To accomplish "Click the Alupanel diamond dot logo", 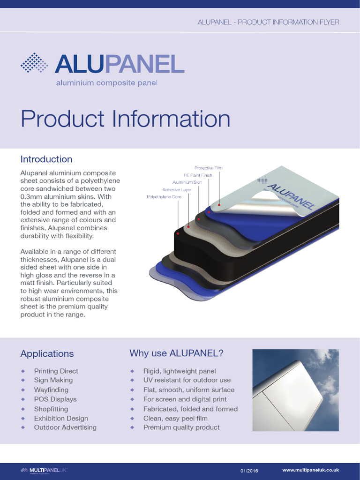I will point(34,63).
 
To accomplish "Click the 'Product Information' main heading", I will point(125,119).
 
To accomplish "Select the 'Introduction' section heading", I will point(46,159).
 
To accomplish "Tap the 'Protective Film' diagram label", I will point(208,168).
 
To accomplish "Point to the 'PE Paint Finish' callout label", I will point(198,175).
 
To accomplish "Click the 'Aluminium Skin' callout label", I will point(187,182).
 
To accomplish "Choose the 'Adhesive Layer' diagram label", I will point(177,190).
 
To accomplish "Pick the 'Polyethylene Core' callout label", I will point(164,197).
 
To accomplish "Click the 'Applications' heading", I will point(47,353).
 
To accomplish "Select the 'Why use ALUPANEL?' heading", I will point(176,353).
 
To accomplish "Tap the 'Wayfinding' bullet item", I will point(51,390).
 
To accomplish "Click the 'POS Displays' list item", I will point(55,399).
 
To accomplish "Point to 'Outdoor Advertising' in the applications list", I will point(65,427).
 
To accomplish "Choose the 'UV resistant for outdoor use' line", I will point(187,380).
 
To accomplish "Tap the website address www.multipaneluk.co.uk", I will point(310,470).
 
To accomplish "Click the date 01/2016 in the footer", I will point(249,470).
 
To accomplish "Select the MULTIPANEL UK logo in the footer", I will point(44,470).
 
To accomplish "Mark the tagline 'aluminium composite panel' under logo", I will point(107,83).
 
